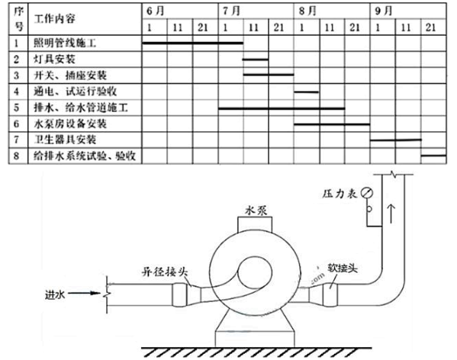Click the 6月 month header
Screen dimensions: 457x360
coord(155,11)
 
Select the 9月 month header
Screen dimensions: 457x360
coord(383,11)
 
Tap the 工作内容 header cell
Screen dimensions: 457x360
coord(54,19)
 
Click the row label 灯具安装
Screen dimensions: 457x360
coord(54,59)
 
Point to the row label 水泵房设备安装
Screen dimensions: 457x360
coord(70,124)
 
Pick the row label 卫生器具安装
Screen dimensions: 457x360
coord(65,140)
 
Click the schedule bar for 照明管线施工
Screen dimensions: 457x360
coord(193,43)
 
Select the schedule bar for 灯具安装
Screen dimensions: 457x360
coord(256,59)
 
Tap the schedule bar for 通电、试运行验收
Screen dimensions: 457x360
coord(306,92)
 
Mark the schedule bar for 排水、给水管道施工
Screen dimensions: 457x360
coord(282,108)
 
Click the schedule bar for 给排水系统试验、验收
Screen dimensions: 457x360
coord(433,156)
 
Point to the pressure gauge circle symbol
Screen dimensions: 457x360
coord(367,192)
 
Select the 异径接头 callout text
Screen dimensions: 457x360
coord(164,272)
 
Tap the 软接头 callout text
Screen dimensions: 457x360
coord(343,268)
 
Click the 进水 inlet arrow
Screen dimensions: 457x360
coord(84,294)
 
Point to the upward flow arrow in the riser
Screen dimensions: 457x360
coord(391,213)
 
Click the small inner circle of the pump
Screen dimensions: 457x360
coord(255,273)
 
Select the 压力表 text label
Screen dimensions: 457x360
coord(340,194)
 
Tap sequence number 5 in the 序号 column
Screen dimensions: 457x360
coord(17,108)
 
